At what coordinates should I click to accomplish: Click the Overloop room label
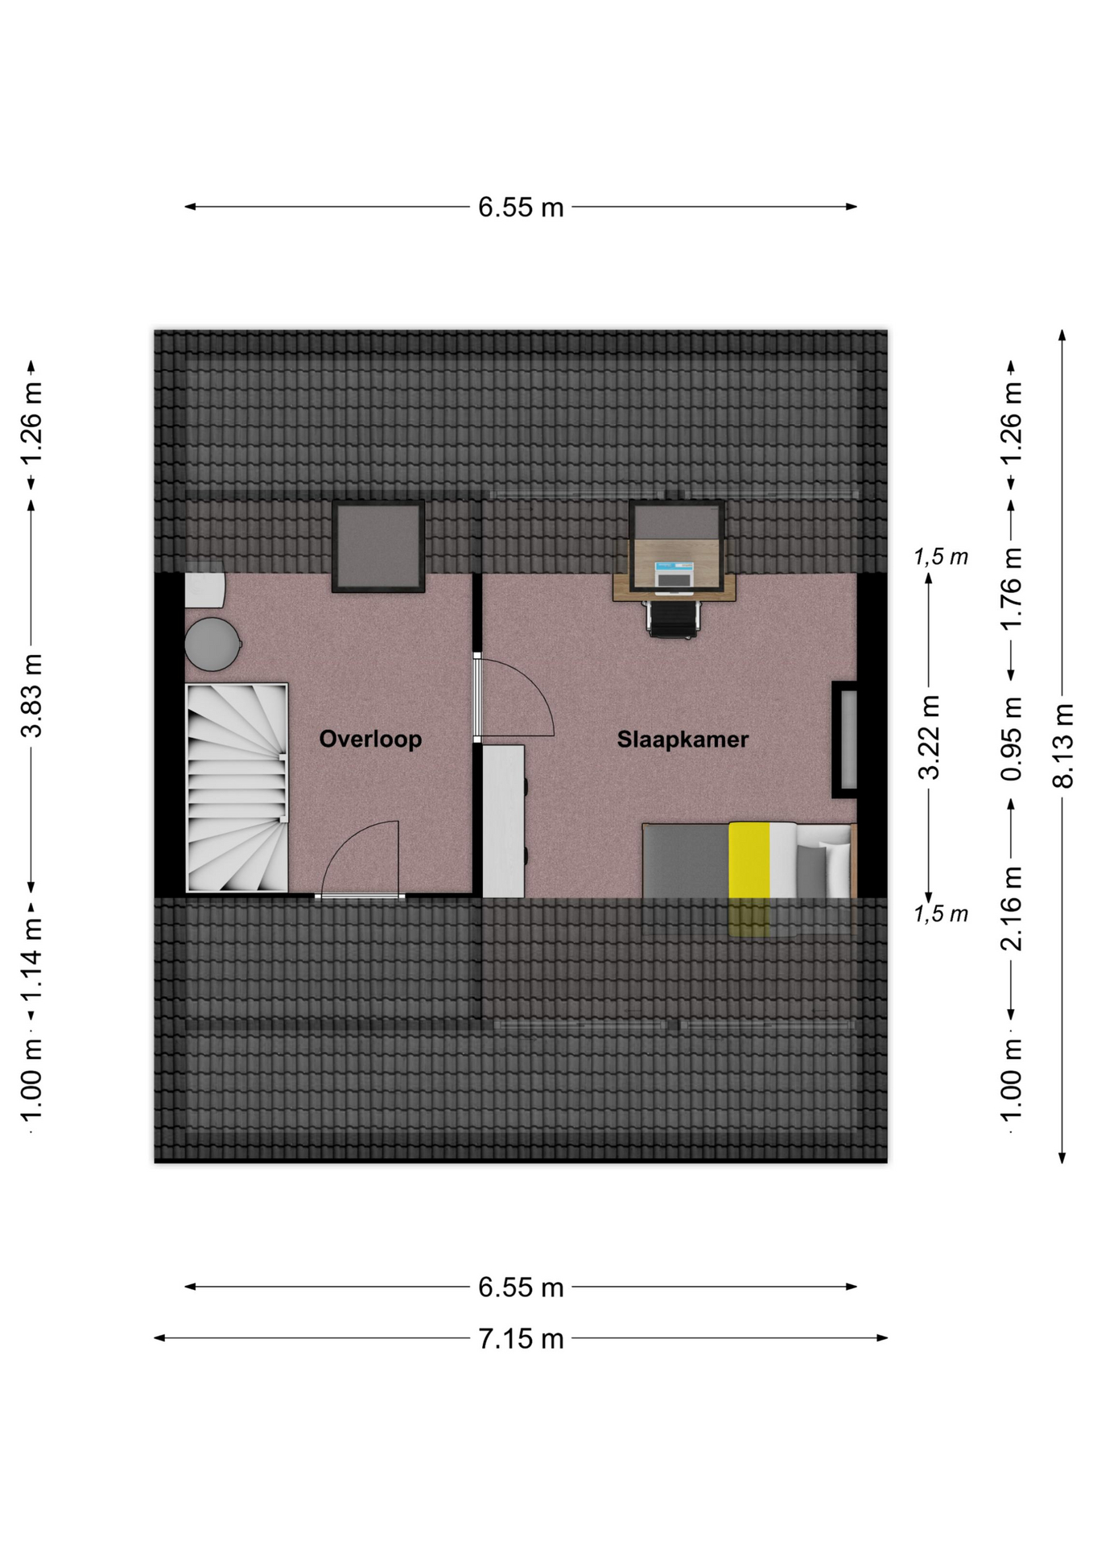pos(370,739)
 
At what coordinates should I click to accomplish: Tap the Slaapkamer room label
pos(683,740)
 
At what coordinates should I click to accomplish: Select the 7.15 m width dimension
pos(521,1338)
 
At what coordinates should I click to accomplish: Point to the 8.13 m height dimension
pos(1062,745)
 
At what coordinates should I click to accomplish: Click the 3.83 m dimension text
pos(31,696)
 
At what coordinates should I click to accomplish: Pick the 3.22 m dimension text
pos(929,737)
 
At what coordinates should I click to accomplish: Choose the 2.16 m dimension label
pos(1011,908)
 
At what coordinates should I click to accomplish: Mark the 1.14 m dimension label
pos(31,958)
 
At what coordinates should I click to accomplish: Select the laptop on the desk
pos(674,577)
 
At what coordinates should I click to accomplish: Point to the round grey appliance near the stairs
pos(212,644)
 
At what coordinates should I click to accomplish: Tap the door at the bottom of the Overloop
pos(360,895)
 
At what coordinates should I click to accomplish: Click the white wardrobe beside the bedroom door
pos(504,821)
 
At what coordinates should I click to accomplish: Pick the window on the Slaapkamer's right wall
pos(846,740)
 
